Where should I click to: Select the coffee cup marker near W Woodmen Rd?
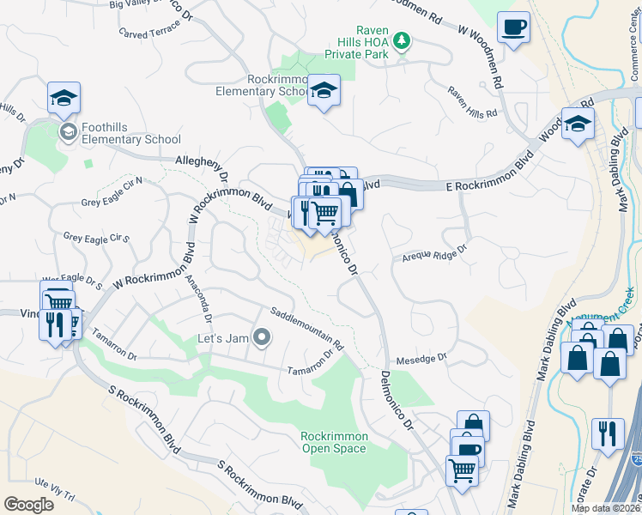click(513, 28)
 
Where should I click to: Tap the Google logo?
click(28, 505)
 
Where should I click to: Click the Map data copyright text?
click(606, 508)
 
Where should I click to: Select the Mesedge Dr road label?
click(421, 359)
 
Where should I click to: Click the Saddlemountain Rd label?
click(306, 328)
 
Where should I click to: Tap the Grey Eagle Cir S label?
click(95, 237)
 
